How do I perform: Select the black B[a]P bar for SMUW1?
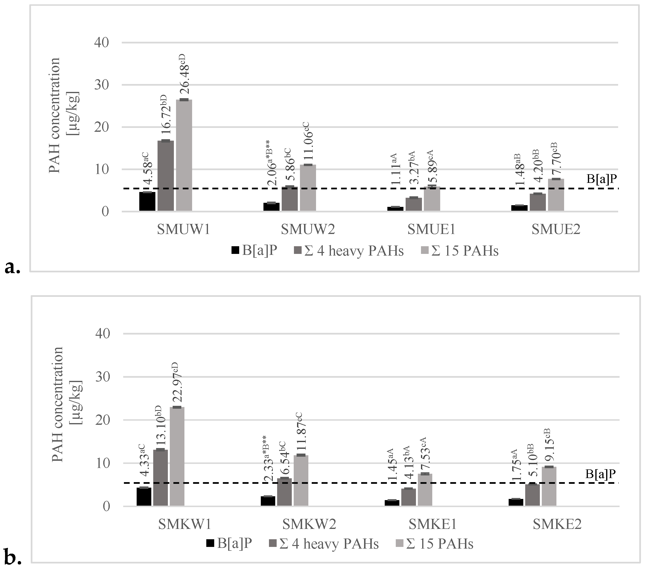(x=147, y=201)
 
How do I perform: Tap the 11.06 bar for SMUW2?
(x=308, y=188)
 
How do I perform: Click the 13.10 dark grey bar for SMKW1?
(x=161, y=478)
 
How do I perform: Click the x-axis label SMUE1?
(x=431, y=230)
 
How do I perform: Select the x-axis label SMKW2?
(x=309, y=524)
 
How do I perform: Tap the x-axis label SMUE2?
(x=556, y=230)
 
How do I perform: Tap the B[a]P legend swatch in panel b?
(x=210, y=543)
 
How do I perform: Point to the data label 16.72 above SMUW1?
(x=166, y=116)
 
